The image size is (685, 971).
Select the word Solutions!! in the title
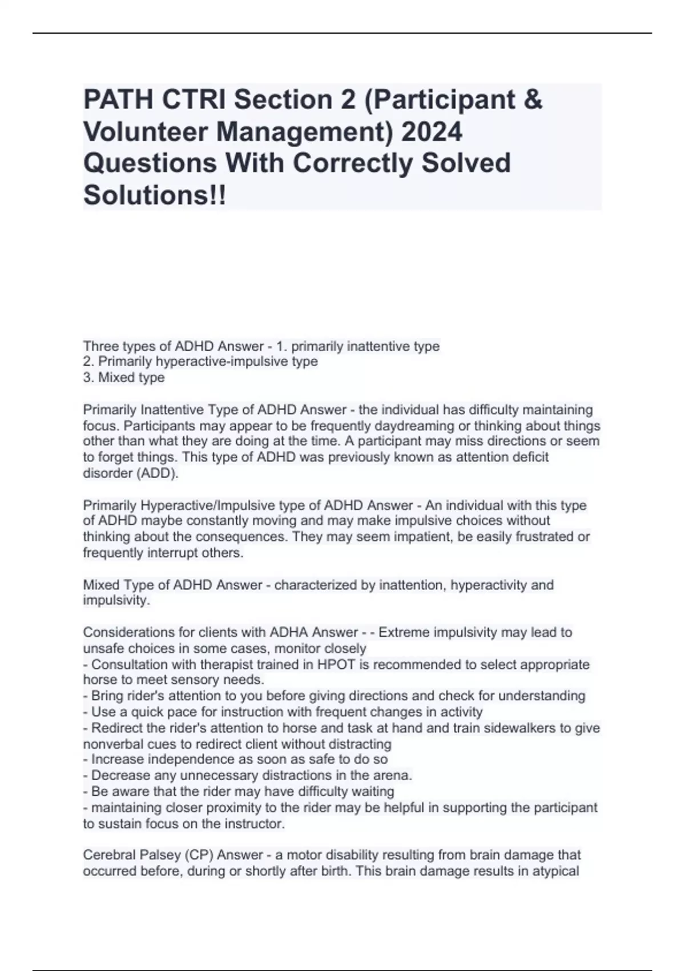pyautogui.click(x=155, y=195)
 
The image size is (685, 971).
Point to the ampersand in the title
pyautogui.click(x=532, y=100)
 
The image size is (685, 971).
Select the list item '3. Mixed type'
pyautogui.click(x=124, y=378)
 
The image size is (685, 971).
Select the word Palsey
pyautogui.click(x=163, y=855)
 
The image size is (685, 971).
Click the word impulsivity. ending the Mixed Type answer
pyautogui.click(x=116, y=601)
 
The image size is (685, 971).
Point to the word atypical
pyautogui.click(x=556, y=871)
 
